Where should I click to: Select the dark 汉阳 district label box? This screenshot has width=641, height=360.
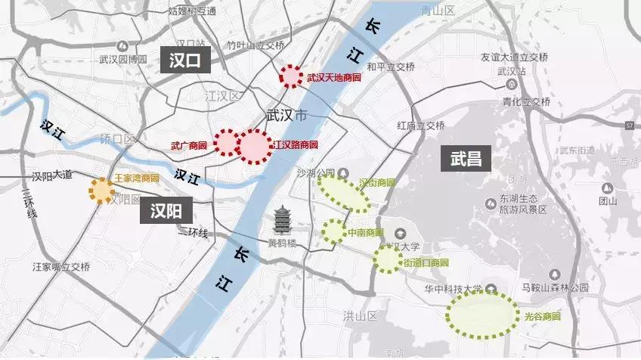pyautogui.click(x=166, y=210)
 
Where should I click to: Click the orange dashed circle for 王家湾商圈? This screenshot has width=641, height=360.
pyautogui.click(x=101, y=190)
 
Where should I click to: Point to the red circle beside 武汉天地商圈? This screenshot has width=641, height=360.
pyautogui.click(x=290, y=76)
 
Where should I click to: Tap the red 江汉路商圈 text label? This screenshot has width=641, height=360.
pyautogui.click(x=295, y=144)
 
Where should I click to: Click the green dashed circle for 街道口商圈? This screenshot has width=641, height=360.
pyautogui.click(x=387, y=259)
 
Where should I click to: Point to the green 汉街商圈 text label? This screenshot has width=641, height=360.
pyautogui.click(x=376, y=182)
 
